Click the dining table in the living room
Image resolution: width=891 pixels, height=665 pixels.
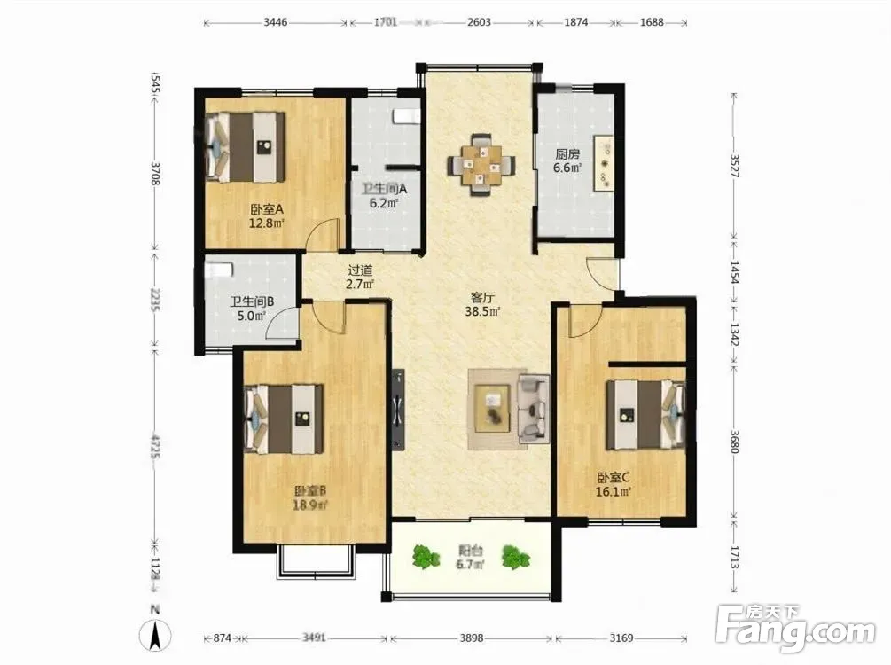click(x=481, y=164)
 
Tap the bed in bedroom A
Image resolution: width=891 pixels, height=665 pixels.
click(x=246, y=146)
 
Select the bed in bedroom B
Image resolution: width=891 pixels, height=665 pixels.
click(x=284, y=419)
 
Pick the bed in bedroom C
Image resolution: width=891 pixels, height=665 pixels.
click(x=646, y=415)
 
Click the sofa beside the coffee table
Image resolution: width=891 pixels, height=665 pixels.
click(x=533, y=409)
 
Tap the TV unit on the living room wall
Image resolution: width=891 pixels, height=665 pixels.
click(x=398, y=410)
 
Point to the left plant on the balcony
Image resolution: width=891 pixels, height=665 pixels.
click(x=426, y=557)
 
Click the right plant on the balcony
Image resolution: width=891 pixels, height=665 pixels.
click(x=516, y=557)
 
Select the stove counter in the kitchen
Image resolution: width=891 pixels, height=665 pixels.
click(x=604, y=164)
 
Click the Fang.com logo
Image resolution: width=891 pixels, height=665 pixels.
click(x=797, y=629)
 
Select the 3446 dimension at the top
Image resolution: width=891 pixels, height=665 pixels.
click(x=276, y=23)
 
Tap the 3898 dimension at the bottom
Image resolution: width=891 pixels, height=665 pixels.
click(x=472, y=638)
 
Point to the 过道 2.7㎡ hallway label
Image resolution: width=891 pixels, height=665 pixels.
click(x=360, y=278)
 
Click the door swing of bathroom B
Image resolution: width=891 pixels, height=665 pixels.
click(x=283, y=324)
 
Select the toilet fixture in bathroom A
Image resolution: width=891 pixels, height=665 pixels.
click(x=407, y=116)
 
